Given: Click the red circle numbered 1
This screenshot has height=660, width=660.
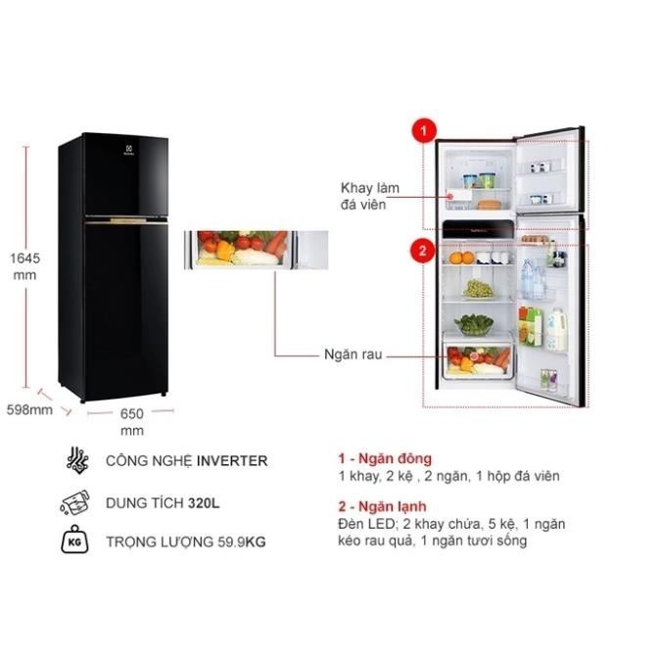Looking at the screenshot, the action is (424, 130).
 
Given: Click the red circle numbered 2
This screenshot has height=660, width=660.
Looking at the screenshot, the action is (423, 251).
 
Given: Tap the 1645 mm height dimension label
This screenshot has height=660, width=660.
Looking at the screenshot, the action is (24, 266).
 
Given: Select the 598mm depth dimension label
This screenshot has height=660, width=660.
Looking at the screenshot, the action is (30, 409).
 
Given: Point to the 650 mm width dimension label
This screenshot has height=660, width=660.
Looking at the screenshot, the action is (132, 422).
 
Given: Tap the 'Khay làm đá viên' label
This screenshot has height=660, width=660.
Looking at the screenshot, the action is (369, 196).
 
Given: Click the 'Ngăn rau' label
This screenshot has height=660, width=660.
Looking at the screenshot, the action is (354, 354).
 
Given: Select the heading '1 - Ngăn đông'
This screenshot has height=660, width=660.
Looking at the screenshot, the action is (385, 458).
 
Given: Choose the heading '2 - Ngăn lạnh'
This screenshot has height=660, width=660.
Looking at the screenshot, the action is (382, 506).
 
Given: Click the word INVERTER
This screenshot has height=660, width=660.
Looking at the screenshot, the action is (232, 460).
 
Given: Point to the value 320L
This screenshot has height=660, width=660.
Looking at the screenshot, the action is (204, 503).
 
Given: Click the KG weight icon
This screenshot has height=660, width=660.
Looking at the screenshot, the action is (74, 540).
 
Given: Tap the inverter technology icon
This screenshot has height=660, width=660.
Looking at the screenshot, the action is (77, 459).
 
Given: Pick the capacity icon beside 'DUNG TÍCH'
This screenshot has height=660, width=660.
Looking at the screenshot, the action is (75, 502).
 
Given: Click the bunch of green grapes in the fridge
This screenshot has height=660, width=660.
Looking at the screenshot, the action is (479, 288).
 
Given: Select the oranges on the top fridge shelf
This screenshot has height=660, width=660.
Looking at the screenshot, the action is (461, 258).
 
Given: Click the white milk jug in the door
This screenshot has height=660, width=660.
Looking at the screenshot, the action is (556, 330).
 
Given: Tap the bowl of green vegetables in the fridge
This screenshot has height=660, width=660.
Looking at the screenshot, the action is (474, 324).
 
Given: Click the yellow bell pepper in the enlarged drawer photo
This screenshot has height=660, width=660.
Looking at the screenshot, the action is (226, 250).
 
